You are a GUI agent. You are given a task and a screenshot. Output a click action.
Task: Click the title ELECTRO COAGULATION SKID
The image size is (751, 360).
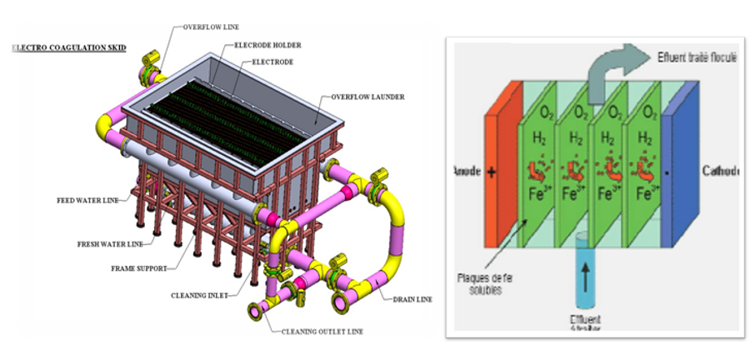coord(69,48)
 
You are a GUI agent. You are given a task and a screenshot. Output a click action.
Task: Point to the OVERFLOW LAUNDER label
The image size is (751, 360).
coord(367,97)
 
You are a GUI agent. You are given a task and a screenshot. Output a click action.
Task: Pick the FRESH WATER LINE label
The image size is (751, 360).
coord(107,243)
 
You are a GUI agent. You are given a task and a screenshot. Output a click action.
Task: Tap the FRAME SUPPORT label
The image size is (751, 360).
coord(138,269)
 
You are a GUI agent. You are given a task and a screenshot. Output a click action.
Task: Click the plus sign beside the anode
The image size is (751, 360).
coord(492,173)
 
